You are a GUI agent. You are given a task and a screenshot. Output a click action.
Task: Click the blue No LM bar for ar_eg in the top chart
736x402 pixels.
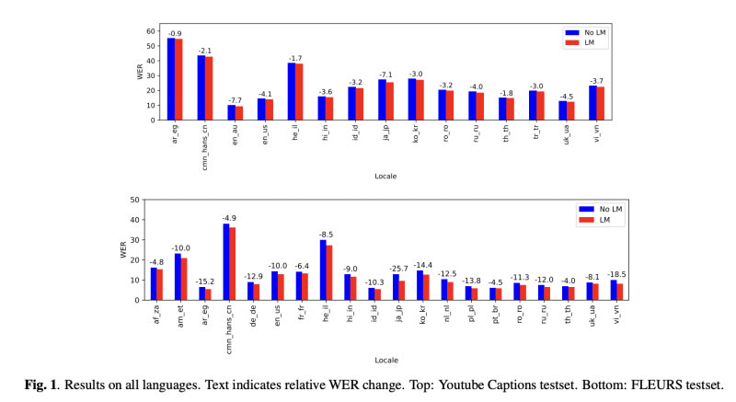click(171, 79)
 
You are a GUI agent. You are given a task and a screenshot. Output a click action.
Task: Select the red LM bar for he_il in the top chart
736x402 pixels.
click(299, 92)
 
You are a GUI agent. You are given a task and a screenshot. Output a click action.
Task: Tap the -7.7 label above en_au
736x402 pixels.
click(236, 101)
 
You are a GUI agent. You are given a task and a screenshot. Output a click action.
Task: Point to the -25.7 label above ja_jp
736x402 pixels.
click(398, 269)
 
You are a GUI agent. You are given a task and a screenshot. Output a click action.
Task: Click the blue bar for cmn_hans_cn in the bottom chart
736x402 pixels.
click(226, 262)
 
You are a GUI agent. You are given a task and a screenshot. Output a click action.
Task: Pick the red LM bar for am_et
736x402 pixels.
click(184, 279)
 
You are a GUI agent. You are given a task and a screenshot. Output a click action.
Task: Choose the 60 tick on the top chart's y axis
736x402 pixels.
click(151, 31)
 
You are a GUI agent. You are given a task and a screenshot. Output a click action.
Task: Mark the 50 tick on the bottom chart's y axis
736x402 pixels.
click(135, 200)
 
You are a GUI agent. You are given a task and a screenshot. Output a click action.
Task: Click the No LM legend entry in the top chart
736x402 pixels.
click(586, 33)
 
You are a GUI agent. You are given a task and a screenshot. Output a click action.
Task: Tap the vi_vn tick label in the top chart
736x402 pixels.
click(597, 132)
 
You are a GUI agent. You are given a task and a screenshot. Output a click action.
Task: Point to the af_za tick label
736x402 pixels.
click(156, 314)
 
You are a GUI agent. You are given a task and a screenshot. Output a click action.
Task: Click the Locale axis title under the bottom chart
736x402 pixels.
click(386, 361)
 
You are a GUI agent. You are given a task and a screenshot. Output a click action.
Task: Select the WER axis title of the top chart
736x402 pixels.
click(140, 72)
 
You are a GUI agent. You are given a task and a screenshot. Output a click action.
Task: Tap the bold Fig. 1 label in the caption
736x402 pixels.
click(40, 385)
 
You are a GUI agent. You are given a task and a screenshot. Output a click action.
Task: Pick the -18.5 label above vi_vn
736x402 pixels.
click(616, 274)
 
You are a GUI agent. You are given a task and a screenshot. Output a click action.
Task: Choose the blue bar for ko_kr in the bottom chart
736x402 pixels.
click(420, 285)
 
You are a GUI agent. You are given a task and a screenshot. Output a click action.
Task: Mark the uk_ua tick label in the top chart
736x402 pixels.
click(567, 134)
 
